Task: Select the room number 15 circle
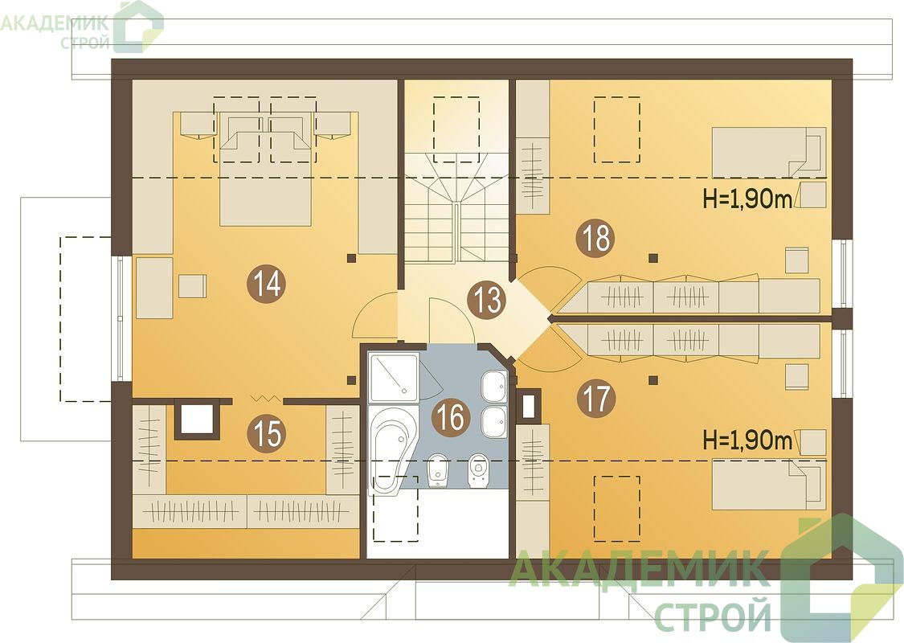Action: click(x=269, y=432)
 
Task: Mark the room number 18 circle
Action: click(x=597, y=238)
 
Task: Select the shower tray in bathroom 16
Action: click(x=393, y=379)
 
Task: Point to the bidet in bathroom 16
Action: click(x=440, y=470)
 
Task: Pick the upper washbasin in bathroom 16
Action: click(x=494, y=386)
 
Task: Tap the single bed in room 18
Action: click(x=769, y=152)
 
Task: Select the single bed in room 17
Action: click(x=769, y=485)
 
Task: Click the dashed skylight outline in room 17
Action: click(x=617, y=508)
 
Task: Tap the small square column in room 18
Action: click(x=653, y=257)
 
